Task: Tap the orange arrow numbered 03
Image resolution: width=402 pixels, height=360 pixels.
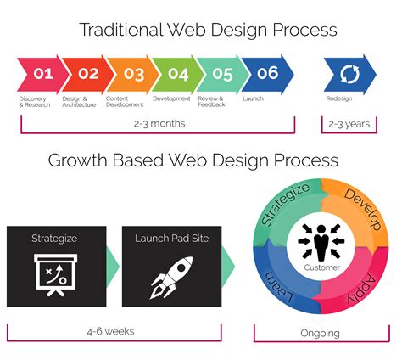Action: tap(131, 74)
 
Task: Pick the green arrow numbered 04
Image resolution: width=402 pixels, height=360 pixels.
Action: tap(176, 74)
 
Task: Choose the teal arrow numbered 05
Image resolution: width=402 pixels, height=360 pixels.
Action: tap(221, 74)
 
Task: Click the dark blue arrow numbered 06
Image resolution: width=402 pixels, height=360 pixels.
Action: tap(267, 74)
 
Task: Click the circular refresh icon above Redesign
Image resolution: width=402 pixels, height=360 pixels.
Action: tap(349, 74)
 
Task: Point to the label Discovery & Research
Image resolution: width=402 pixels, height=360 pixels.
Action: tap(36, 102)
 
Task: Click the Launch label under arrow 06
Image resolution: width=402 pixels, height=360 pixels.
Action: tap(254, 98)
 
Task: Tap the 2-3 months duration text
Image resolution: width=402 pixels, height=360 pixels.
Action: tap(159, 124)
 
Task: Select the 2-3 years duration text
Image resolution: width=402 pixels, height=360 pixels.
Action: tap(349, 124)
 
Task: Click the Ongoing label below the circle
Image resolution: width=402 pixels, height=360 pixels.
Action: tap(320, 333)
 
